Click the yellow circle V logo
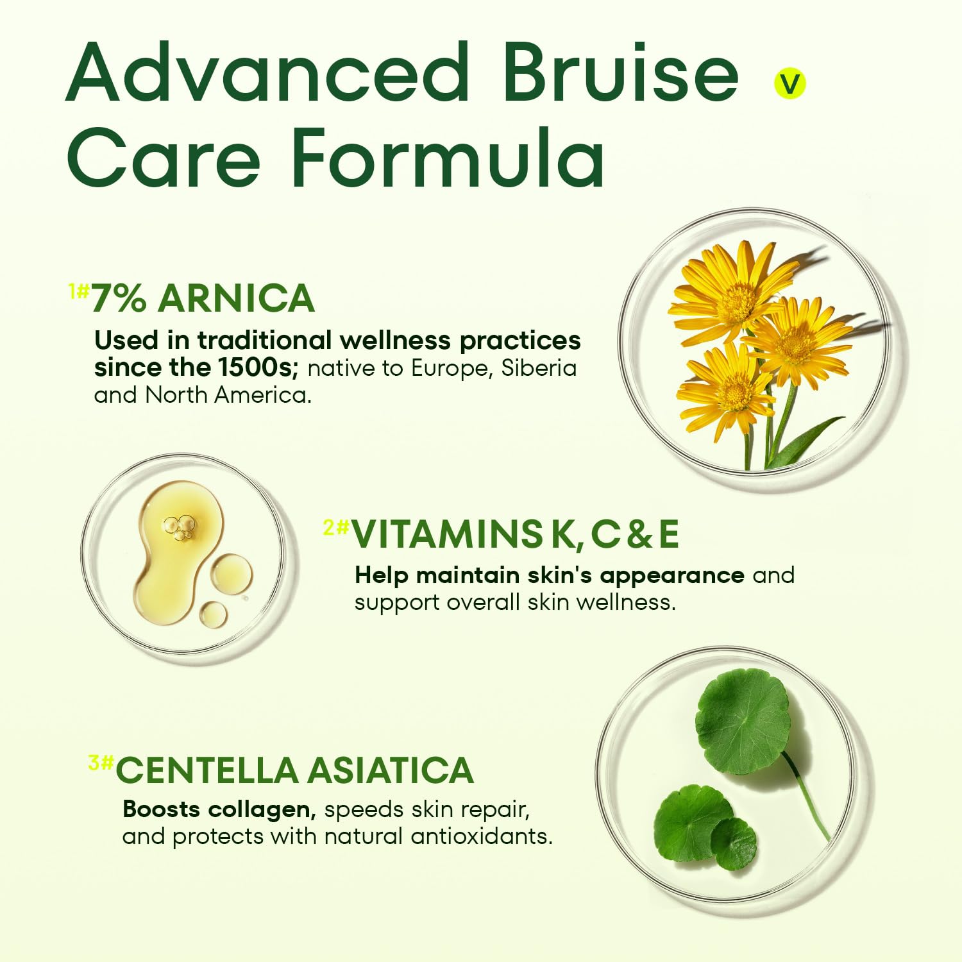[x=789, y=84]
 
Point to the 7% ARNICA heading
[x=203, y=298]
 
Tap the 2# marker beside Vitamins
[x=335, y=528]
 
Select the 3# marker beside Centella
[x=101, y=763]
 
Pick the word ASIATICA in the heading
[x=390, y=770]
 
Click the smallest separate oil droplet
[x=213, y=614]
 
